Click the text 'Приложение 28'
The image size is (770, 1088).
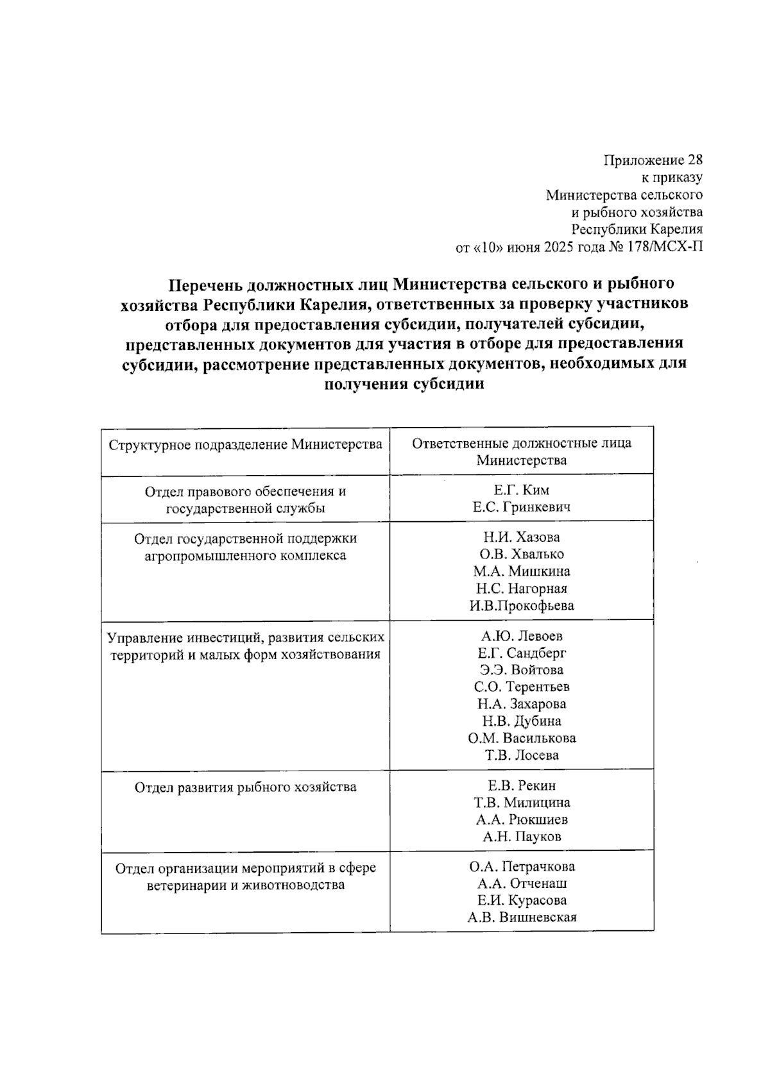coord(653,160)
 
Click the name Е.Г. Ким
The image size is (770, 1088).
coord(521,490)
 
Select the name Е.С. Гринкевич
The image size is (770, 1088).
coord(521,507)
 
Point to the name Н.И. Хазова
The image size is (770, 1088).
coord(521,537)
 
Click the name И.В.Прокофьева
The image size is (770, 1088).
coord(521,605)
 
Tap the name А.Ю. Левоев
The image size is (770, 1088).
coord(521,636)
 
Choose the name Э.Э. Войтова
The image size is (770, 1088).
coord(521,670)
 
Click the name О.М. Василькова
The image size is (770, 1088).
coord(521,738)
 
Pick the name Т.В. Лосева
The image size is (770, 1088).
coord(521,755)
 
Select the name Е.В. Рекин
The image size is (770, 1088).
coord(521,785)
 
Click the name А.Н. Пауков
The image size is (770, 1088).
coord(521,836)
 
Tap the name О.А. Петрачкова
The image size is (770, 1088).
coord(521,867)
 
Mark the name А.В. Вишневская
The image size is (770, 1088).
coord(521,917)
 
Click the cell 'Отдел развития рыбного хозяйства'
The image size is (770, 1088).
coord(245,787)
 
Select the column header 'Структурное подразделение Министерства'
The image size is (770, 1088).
coord(245,444)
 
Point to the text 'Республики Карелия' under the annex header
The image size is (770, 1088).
coord(637,230)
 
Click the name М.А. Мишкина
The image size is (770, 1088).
coord(521,571)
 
